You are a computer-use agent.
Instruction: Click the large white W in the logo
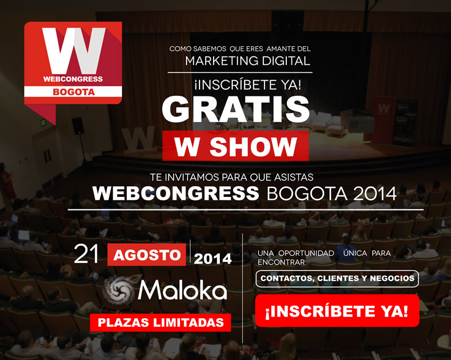pos(74,51)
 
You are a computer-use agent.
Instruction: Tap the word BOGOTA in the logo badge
pos(74,92)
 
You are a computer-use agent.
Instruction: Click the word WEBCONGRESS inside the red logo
pos(73,79)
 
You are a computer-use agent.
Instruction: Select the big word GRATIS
pos(236,109)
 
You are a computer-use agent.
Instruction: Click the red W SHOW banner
pos(236,146)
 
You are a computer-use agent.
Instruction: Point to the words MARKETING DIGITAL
pos(247,61)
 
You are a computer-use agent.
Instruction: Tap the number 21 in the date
pos(86,254)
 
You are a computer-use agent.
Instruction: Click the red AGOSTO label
pos(147,255)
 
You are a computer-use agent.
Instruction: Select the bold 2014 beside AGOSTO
pos(213,259)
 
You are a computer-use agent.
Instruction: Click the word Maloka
pos(183,290)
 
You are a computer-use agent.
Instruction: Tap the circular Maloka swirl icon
pos(118,290)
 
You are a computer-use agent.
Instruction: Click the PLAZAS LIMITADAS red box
pos(161,323)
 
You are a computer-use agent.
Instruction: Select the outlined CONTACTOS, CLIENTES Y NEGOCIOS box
pos(337,279)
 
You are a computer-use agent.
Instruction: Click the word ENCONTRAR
pos(281,262)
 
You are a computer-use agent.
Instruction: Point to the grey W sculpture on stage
pos(139,139)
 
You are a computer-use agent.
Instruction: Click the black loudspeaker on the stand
pos(78,126)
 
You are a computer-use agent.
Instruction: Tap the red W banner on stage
pos(384,120)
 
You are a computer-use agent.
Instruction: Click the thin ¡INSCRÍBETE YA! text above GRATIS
pos(247,85)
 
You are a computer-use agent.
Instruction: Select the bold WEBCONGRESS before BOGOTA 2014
pos(176,193)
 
